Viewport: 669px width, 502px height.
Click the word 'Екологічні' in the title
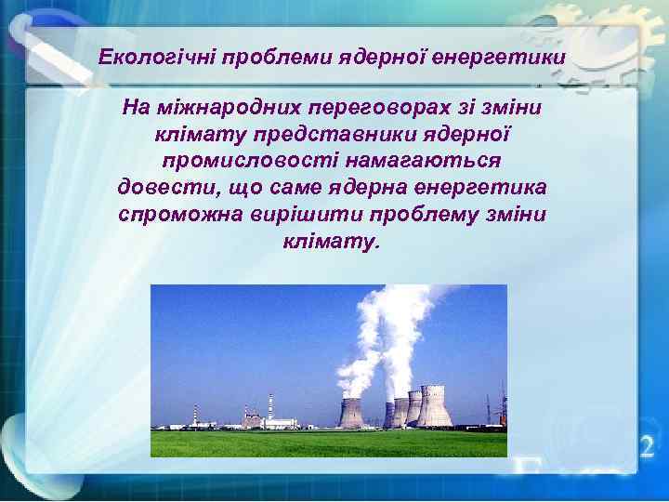(155, 59)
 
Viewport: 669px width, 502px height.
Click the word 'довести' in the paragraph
(167, 189)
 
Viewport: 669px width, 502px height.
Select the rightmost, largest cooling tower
(434, 407)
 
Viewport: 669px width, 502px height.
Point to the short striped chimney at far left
(194, 416)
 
